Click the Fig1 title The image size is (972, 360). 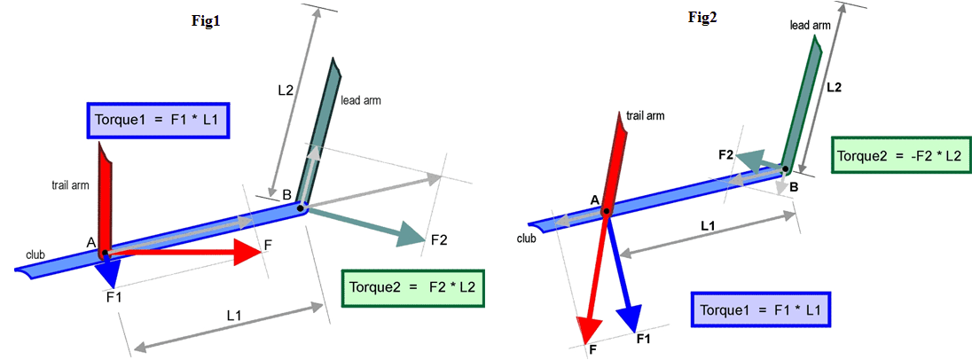point(206,21)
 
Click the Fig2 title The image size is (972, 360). point(702,18)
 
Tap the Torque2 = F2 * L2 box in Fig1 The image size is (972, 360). point(413,288)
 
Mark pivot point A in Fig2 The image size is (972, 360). point(607,211)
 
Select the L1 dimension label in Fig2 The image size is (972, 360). point(708,227)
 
